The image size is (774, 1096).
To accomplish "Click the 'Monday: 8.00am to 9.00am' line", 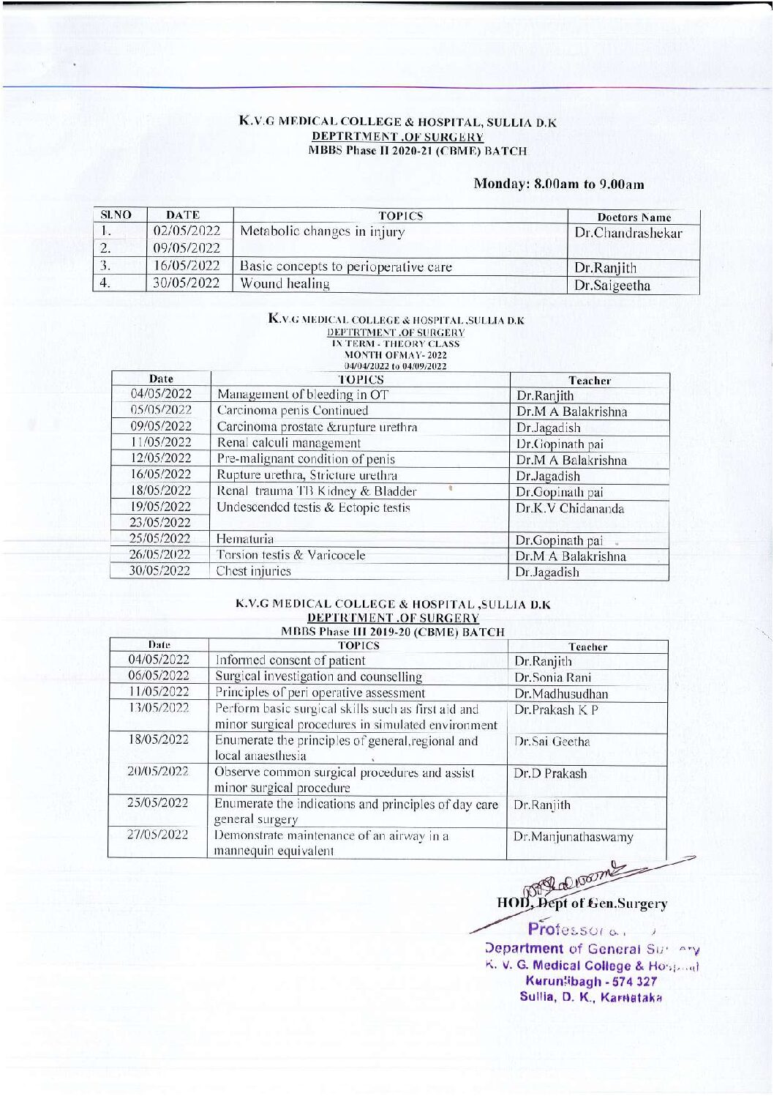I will coord(559,184).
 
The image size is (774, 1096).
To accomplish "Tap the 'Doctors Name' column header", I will coord(634,217).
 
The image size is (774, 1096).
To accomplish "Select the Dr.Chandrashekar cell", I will coord(628,234).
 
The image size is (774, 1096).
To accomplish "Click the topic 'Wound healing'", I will coord(285,283).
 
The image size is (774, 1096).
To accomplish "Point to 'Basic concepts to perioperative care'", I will coord(345,266).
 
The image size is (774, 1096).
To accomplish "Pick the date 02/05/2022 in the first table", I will coord(187,232).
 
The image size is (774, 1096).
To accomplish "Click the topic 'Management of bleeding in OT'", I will coord(303,395).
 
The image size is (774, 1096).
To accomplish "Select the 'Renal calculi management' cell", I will coord(288,443).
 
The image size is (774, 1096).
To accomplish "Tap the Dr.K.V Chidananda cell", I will coord(570,508).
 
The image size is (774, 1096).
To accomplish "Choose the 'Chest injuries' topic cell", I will coord(253,571).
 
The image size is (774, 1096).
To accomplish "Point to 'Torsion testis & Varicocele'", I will coord(290,555).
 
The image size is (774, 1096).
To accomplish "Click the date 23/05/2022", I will coord(160,523).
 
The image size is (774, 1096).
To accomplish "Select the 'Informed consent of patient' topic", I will coord(290,660).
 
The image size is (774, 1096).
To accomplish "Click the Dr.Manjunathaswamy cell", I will coord(573,837).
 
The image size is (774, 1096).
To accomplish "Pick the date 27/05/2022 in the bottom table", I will coord(158,835).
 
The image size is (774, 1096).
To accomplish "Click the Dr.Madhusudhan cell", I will coord(560,693).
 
